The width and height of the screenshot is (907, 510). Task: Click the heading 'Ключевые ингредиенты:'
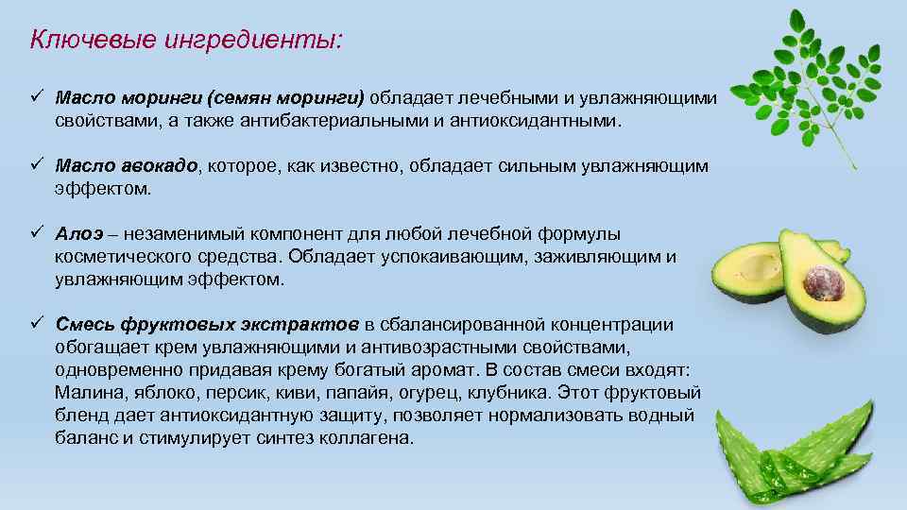tap(187, 41)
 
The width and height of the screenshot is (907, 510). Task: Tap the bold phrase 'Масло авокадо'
tap(127, 166)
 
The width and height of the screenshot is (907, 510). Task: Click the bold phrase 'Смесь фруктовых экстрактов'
tap(207, 325)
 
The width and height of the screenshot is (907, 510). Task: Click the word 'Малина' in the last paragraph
tap(85, 393)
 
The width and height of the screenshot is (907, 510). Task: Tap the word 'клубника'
tap(515, 393)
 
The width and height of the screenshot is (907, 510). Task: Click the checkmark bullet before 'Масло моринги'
tap(37, 97)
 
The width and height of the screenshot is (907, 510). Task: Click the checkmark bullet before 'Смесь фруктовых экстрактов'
tap(37, 324)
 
